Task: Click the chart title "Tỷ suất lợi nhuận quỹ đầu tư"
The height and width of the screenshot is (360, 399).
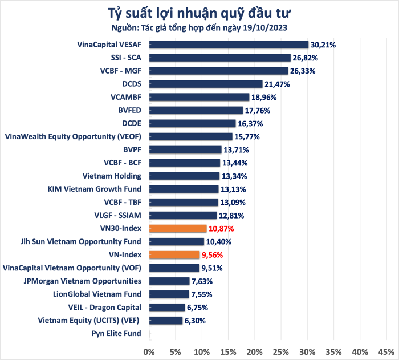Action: pos(199,12)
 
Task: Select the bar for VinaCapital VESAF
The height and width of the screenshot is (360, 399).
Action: pos(228,45)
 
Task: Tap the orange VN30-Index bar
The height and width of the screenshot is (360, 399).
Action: pos(177,228)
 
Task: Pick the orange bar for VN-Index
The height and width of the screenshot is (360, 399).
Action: pos(174,255)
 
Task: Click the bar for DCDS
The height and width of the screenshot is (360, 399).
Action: pos(205,84)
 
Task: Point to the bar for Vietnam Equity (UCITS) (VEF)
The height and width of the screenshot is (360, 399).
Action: pos(165,321)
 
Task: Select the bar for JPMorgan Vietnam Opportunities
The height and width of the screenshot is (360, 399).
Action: pos(169,281)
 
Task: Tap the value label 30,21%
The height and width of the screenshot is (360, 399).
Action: pos(323,45)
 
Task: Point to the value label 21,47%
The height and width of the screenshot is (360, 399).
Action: pos(278,84)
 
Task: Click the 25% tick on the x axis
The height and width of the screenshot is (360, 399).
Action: pos(281,350)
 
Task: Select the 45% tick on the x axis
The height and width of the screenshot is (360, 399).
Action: pos(386,350)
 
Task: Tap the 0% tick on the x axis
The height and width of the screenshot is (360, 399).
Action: pos(149,350)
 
